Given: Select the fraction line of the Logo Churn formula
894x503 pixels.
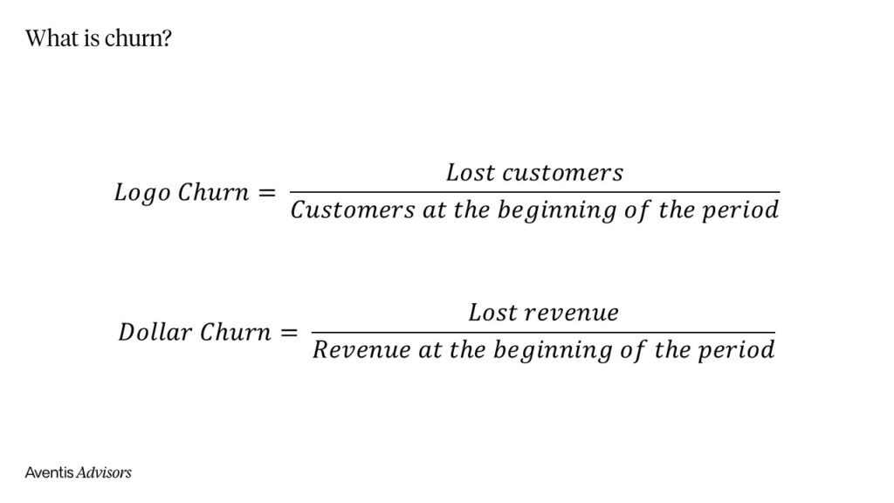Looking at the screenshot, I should [534, 192].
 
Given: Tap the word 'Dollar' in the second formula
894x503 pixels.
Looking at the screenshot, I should [155, 333].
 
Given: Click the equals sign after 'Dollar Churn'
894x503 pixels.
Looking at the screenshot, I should [287, 333].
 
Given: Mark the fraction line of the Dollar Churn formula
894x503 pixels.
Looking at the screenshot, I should [543, 333].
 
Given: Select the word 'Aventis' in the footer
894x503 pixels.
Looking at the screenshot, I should [49, 472].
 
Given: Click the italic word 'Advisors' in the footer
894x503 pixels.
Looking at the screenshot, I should [104, 472].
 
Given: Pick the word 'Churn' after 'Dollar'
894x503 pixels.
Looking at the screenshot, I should [235, 333].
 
